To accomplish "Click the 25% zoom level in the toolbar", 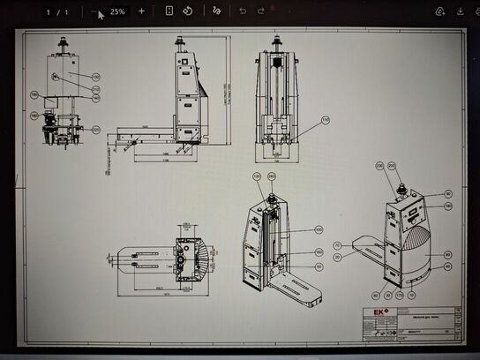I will click(117, 12).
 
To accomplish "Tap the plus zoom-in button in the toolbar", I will click(141, 11).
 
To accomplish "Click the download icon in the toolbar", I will click(460, 11).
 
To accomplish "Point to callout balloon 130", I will click(95, 77).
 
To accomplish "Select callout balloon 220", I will click(95, 130).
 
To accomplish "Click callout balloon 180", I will click(34, 116).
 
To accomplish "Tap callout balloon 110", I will click(325, 119).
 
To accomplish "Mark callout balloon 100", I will click(319, 229).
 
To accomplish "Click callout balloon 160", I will click(319, 252).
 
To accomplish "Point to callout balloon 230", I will click(381, 165).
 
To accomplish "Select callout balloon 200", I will click(392, 165).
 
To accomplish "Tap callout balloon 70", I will click(337, 245).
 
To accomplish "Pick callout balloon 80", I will click(447, 253).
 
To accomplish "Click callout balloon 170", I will click(399, 296).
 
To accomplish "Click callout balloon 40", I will click(447, 266).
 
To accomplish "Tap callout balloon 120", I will click(258, 177).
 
